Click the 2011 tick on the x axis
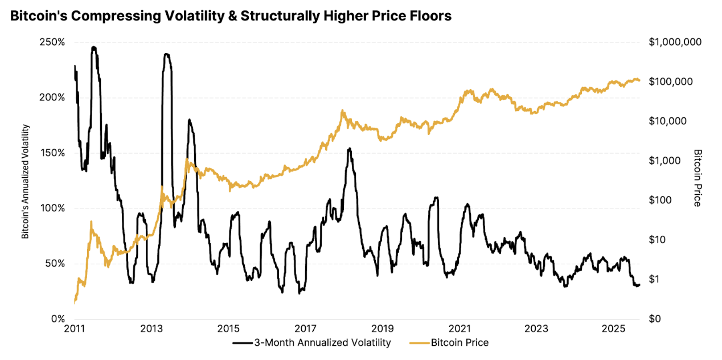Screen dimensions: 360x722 point(75,329)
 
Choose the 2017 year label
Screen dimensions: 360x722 point(306,329)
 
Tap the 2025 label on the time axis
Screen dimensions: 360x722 point(614,329)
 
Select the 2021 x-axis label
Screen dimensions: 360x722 point(460,329)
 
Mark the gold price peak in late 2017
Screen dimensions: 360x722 point(343,111)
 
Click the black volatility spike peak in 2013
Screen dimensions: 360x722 point(166,54)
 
